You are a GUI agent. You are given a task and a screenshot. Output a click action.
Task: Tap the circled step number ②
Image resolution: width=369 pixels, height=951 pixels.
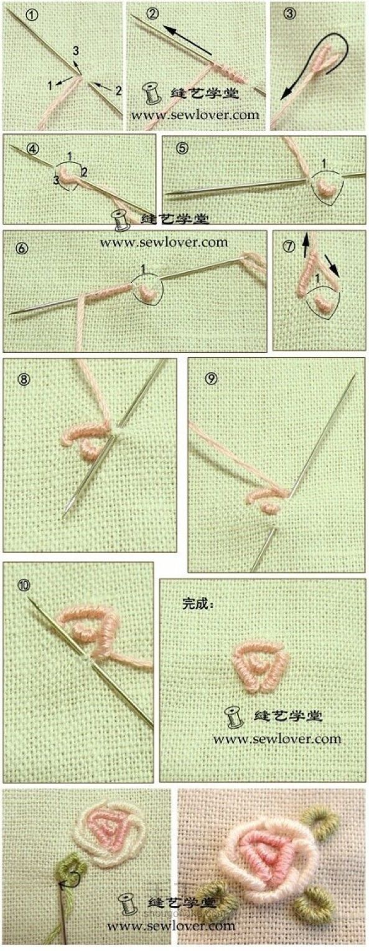[152, 14]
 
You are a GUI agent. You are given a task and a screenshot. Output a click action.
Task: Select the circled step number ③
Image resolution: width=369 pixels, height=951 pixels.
[289, 14]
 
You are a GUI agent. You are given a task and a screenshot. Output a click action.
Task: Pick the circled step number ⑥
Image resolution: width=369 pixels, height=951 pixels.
[23, 248]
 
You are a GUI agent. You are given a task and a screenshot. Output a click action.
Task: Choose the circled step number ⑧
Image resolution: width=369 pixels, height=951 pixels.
[25, 378]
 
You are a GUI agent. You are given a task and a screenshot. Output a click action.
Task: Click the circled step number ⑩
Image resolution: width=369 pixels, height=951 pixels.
[24, 585]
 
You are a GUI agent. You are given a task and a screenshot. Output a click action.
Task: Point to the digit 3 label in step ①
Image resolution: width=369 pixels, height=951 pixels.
[75, 50]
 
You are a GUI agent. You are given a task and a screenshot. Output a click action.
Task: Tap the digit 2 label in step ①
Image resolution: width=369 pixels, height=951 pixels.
[117, 91]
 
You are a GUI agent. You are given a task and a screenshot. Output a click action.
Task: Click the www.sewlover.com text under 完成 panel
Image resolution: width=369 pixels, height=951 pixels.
[277, 739]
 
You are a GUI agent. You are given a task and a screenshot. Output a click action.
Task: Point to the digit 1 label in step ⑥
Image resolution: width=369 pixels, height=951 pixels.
[142, 269]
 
